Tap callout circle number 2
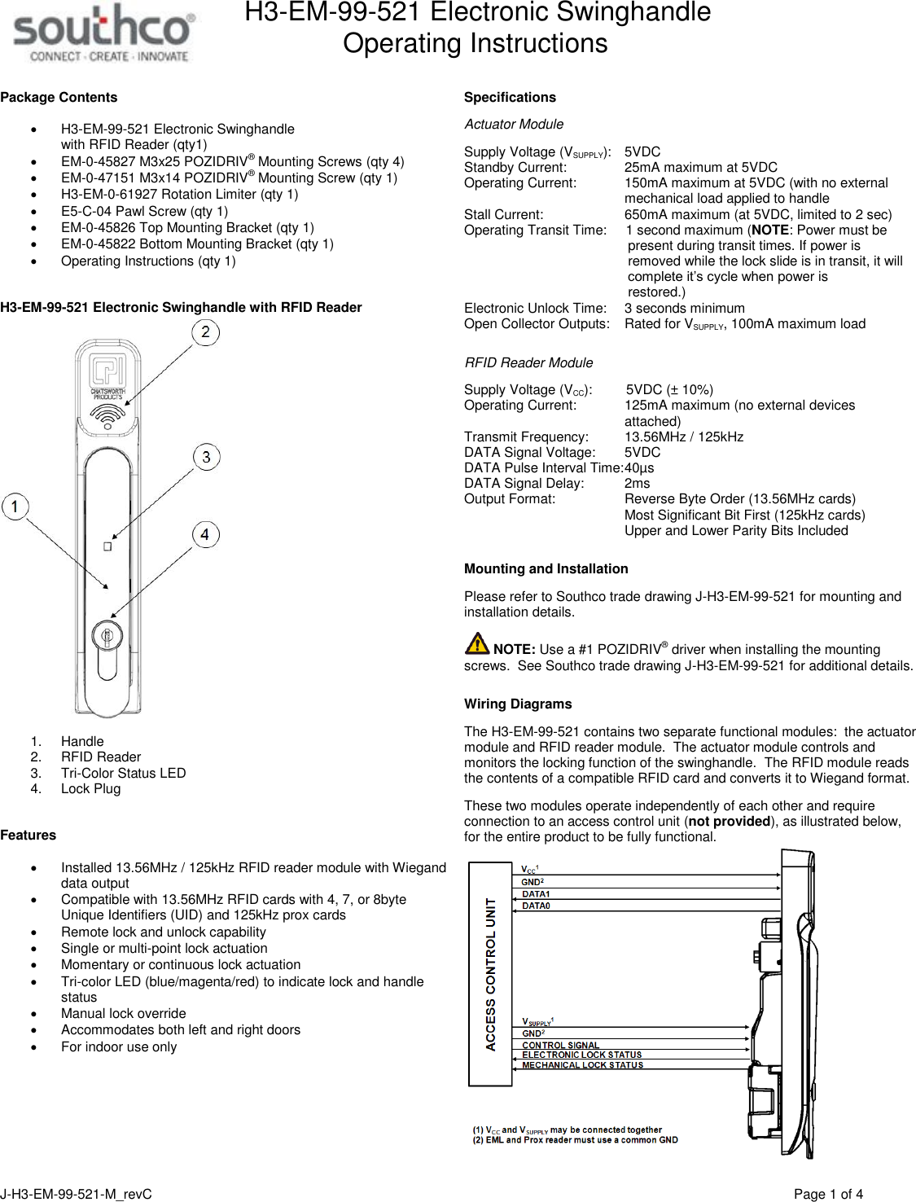tap(205, 332)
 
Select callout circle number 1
tap(15, 507)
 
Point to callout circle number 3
tap(206, 457)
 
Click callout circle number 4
tap(205, 534)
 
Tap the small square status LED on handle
tap(107, 546)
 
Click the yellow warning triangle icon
tap(477, 643)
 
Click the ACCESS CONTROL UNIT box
tap(490, 974)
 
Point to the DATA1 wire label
tap(536, 894)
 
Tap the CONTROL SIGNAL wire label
tap(560, 1045)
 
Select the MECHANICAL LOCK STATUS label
tap(582, 1065)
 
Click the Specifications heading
tap(510, 98)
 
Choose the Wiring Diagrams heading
tap(518, 704)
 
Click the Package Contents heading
tap(59, 98)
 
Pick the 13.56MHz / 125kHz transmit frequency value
tap(683, 437)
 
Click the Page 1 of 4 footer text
tap(827, 1194)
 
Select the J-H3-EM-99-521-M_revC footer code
tap(77, 1194)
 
